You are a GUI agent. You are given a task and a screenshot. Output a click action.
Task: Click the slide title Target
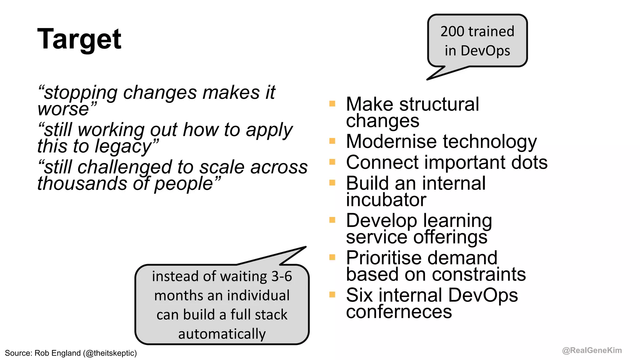point(79,39)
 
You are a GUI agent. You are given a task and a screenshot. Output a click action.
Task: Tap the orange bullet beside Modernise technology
point(332,141)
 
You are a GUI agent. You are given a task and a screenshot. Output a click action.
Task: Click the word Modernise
point(391,142)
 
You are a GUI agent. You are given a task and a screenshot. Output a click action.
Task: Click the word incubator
point(386,200)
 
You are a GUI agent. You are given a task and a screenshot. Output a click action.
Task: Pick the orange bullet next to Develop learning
point(332,220)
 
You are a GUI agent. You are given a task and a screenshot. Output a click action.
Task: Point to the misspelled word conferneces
point(399,312)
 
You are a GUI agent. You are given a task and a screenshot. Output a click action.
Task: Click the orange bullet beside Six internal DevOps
point(332,294)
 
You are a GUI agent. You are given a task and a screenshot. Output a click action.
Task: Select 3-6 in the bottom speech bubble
point(281,276)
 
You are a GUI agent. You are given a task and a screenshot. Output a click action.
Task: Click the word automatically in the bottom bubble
point(222,334)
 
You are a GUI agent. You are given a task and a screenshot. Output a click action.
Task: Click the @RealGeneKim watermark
point(592,350)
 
